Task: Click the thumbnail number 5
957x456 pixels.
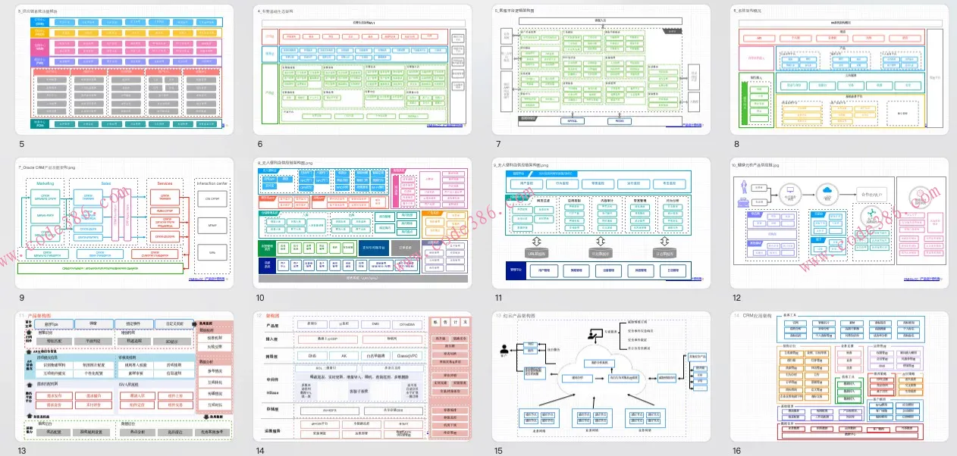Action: [21, 144]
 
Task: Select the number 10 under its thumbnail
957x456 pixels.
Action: [260, 298]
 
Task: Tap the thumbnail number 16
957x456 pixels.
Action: [736, 451]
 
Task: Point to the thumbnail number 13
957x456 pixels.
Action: [21, 451]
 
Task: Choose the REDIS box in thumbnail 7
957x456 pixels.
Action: [619, 120]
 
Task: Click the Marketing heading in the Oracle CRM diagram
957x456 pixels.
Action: [45, 183]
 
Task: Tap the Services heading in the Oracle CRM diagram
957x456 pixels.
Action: [165, 183]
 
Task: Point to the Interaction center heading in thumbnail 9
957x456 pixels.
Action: [212, 183]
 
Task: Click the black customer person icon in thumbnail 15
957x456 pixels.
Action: [503, 350]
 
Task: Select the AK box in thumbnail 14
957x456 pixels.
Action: [343, 355]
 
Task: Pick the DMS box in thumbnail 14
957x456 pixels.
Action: [375, 323]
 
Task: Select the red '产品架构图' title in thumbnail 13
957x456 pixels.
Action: [39, 314]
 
